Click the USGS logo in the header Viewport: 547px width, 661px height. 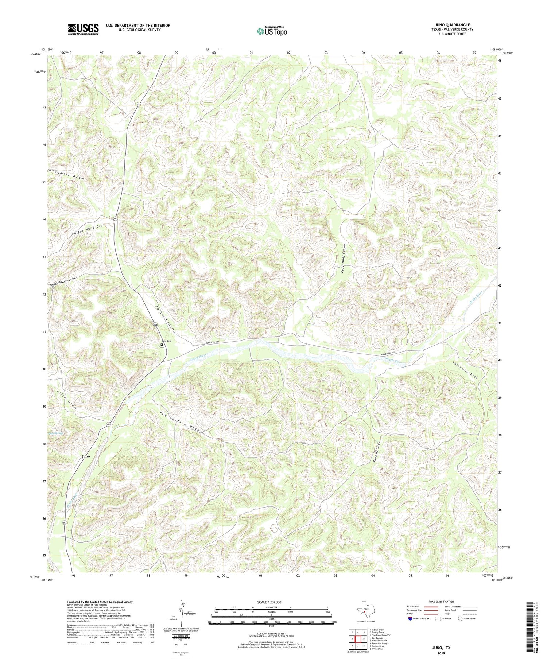point(83,29)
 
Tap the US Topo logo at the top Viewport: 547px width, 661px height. point(271,31)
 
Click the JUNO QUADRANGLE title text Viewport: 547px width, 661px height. point(453,25)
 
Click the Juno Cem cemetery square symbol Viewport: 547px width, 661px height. point(162,344)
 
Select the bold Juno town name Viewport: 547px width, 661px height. point(86,456)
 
